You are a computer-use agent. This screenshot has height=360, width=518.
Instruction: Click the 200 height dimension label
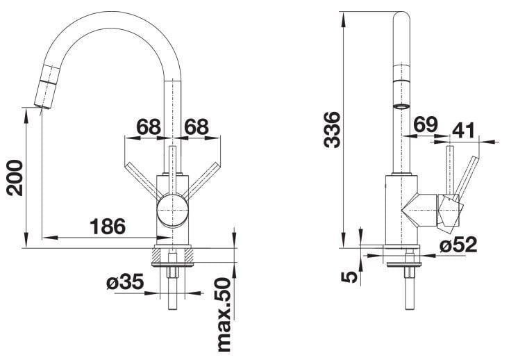click(15, 177)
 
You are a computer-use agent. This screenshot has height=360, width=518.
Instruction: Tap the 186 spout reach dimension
click(108, 227)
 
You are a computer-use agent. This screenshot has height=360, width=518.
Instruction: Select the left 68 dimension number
click(149, 126)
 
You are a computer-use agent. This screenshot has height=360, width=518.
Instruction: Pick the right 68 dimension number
click(197, 126)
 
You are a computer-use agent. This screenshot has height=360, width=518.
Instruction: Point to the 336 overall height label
click(332, 129)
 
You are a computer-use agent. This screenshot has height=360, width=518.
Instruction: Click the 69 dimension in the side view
click(426, 124)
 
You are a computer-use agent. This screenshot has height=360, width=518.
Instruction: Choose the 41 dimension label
click(463, 130)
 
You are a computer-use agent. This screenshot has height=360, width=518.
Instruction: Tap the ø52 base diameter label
click(458, 245)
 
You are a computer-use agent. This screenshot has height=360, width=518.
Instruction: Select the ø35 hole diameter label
click(125, 282)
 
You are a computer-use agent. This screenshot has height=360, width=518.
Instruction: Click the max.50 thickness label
click(224, 315)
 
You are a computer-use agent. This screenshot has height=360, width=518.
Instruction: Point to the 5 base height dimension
click(349, 277)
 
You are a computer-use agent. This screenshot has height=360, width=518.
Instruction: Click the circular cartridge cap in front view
click(172, 211)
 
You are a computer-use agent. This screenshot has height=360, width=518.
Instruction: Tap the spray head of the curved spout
click(47, 87)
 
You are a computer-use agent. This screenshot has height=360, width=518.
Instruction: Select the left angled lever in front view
click(143, 181)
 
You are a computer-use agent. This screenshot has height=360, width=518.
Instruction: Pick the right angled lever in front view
click(201, 181)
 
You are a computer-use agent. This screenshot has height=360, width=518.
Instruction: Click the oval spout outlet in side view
click(401, 107)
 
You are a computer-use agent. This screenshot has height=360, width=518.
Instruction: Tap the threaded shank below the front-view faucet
click(172, 280)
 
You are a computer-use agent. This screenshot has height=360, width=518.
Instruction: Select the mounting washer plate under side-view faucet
click(404, 264)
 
